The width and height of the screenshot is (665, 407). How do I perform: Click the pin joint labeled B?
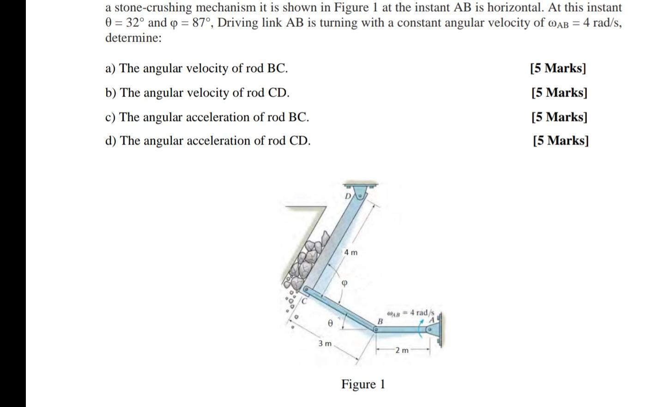point(376,330)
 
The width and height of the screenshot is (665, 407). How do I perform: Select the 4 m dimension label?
point(351,252)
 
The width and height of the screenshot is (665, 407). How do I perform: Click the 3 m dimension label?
point(325,344)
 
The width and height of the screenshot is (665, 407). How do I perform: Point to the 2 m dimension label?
point(402,350)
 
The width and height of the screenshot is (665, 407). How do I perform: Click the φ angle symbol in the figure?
point(344,282)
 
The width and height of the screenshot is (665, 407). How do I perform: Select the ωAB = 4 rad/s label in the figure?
point(410,313)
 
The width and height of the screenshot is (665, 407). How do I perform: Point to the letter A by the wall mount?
point(432,320)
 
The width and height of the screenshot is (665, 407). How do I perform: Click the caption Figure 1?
point(363,384)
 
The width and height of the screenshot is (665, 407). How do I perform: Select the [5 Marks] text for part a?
point(558,68)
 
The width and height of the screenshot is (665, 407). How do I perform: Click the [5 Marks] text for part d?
point(560,140)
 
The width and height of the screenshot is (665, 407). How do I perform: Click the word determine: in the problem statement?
point(133,38)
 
